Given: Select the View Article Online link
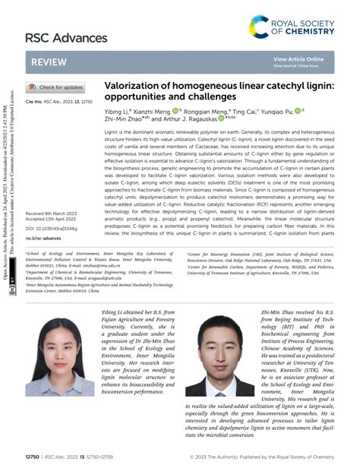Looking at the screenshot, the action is point(298,58).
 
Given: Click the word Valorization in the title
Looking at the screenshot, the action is point(134,88).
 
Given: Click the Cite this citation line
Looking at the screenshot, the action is point(58,100).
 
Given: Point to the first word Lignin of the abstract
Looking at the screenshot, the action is point(112,132).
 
